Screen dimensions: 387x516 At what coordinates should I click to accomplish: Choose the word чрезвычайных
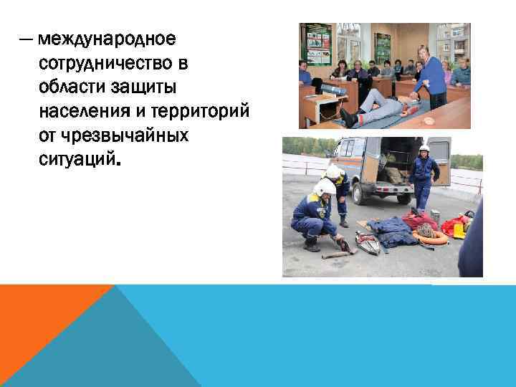click(x=127, y=135)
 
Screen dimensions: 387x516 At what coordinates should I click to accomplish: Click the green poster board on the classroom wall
click(x=317, y=44)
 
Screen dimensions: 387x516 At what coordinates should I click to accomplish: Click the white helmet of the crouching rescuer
click(x=324, y=188)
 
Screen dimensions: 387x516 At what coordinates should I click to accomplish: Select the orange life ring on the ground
click(x=431, y=237)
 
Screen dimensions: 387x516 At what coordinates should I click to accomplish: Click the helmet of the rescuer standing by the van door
click(x=424, y=149)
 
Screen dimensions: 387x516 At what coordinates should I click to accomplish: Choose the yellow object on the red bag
click(x=458, y=229)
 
